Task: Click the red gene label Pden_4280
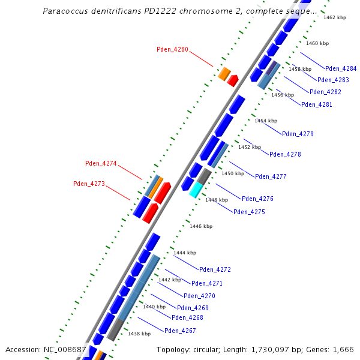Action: [x=172, y=49]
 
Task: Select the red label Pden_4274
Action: [x=101, y=163]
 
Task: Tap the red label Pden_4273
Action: [x=89, y=184]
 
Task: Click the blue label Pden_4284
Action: [x=341, y=68]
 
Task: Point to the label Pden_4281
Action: [x=316, y=104]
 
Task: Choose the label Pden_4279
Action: [x=298, y=134]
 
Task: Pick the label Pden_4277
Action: [x=271, y=176]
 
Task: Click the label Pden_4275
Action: [x=249, y=212]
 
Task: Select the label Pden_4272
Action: [x=215, y=269]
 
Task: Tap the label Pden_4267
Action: [x=180, y=331]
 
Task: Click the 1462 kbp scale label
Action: [x=335, y=18]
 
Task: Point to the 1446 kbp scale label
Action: [x=201, y=226]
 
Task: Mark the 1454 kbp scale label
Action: [x=265, y=121]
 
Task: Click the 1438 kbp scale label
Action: [x=139, y=334]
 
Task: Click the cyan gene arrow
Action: [x=196, y=190]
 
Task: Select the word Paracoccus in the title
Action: [x=65, y=11]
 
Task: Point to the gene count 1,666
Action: [x=343, y=349]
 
